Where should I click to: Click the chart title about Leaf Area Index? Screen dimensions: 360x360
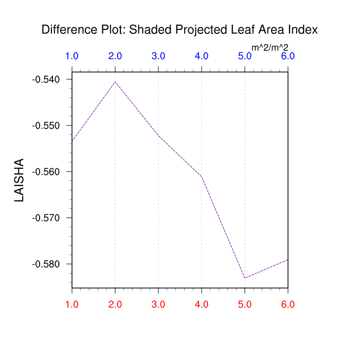point(179,30)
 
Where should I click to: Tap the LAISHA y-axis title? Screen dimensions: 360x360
point(20,179)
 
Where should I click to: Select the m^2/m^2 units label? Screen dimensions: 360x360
point(270,48)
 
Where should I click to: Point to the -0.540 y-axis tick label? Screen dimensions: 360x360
point(46,80)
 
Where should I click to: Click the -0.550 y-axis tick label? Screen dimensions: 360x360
point(46,125)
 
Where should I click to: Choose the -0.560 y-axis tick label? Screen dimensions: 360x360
point(46,172)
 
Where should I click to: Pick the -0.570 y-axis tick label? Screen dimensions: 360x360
point(46,218)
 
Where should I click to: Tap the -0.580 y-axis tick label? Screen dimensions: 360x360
point(46,264)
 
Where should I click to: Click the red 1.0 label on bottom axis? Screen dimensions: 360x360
point(72,304)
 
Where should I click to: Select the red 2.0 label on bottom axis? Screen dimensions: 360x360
point(115,304)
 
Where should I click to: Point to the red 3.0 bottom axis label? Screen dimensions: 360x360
point(158,304)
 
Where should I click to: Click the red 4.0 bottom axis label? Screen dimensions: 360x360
point(202,304)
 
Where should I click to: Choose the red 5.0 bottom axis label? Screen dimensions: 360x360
point(245,304)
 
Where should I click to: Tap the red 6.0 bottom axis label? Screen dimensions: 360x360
point(288,304)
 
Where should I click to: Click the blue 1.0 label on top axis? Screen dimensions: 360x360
point(72,56)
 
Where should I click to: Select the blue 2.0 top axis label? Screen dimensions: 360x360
point(115,56)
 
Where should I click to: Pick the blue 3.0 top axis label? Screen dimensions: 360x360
point(158,56)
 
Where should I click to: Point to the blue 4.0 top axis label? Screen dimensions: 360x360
point(202,56)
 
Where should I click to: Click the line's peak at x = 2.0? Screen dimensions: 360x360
point(115,82)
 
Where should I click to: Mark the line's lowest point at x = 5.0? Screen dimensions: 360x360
point(245,278)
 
